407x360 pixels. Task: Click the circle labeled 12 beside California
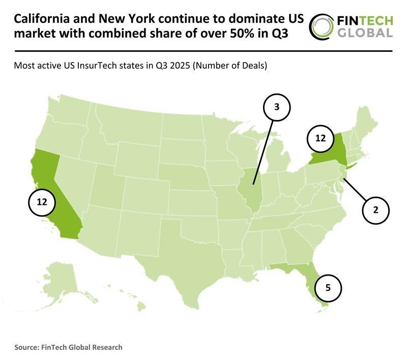coord(42,202)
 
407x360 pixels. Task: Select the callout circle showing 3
coord(276,107)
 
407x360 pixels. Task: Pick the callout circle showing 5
coord(328,287)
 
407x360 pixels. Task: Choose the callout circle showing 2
coord(375,209)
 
